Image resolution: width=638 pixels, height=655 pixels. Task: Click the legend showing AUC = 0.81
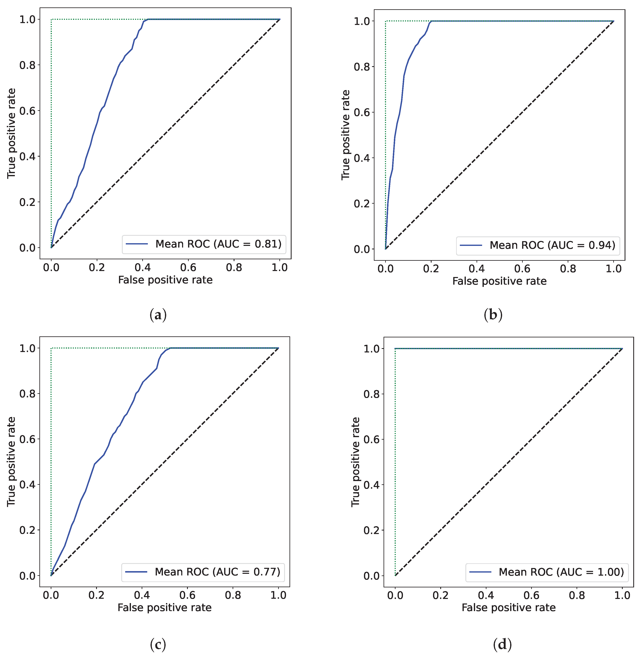coord(204,244)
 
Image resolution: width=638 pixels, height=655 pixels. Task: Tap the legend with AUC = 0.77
coord(203,572)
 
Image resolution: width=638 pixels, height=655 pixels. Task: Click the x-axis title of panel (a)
coord(165,280)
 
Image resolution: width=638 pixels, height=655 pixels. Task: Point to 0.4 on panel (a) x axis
coord(142,268)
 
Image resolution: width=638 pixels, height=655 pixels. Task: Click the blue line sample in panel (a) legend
coord(137,244)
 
